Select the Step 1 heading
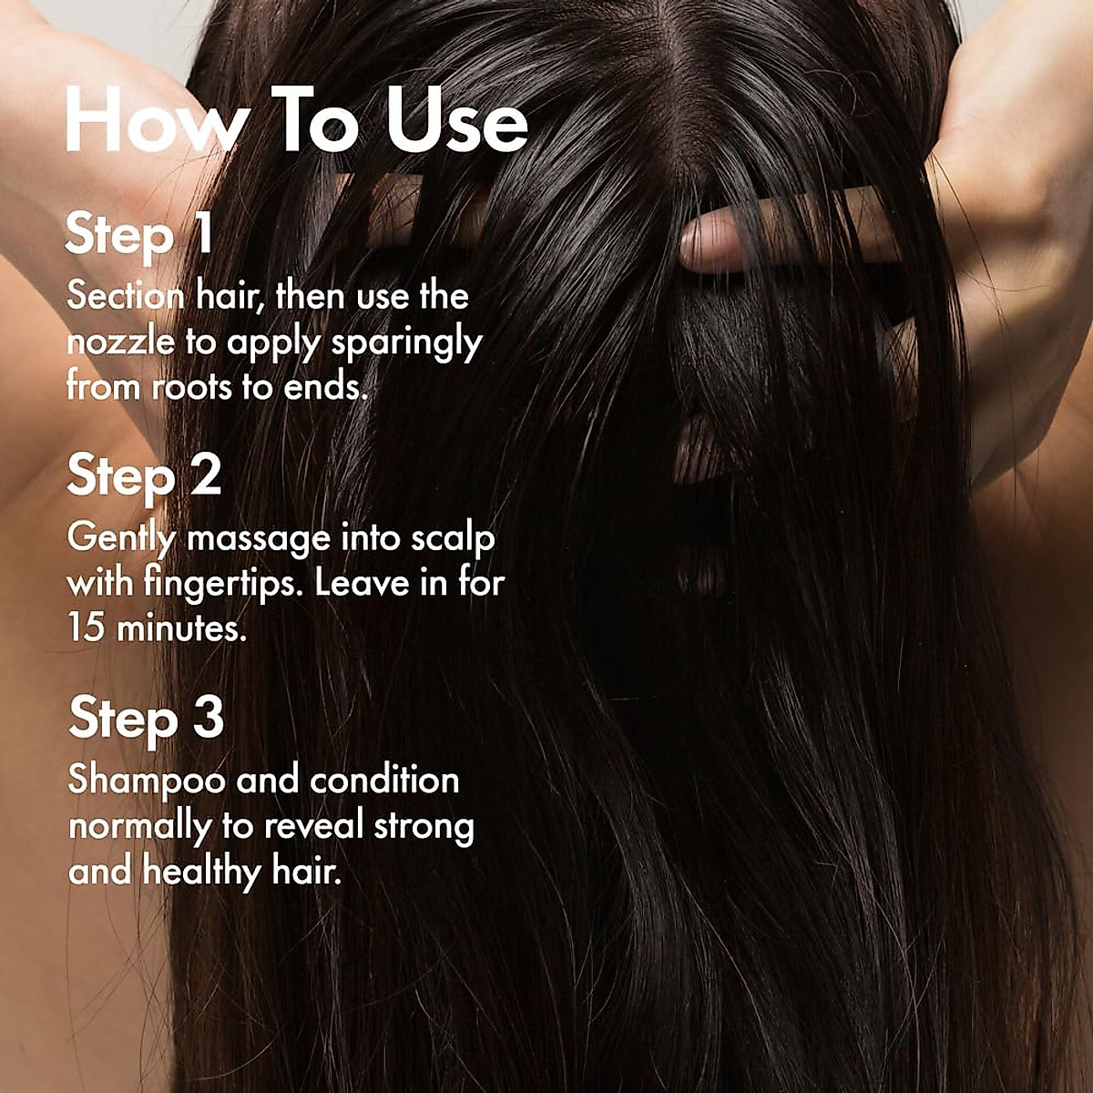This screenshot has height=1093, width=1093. coord(139,234)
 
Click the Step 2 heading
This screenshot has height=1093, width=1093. coord(144,476)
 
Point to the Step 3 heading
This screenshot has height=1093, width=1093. coord(146,719)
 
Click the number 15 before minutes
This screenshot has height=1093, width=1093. coord(87,628)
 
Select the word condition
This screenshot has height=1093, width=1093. coord(383,781)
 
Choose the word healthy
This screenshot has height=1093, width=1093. coord(201,873)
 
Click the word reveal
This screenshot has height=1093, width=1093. coord(314,826)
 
